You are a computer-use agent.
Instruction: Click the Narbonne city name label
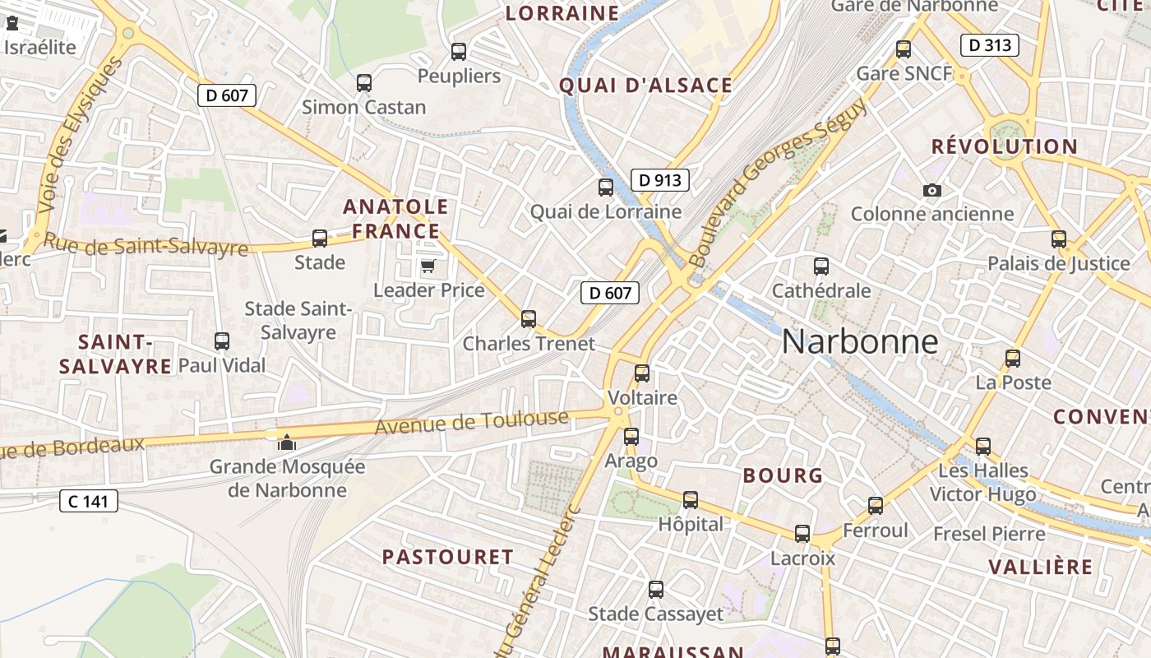click(859, 341)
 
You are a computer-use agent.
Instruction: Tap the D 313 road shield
click(990, 45)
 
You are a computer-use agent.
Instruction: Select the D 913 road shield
click(659, 180)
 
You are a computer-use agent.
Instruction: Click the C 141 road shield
click(89, 500)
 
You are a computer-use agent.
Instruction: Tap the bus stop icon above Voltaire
click(642, 373)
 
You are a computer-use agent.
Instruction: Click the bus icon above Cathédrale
click(820, 266)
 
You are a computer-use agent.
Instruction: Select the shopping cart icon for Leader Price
click(428, 266)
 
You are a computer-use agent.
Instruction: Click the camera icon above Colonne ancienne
click(931, 190)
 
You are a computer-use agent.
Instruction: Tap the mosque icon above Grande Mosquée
click(286, 443)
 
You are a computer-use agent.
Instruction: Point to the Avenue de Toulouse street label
click(472, 423)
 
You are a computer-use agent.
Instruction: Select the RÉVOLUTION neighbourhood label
click(1004, 147)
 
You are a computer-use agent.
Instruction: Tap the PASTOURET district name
click(448, 557)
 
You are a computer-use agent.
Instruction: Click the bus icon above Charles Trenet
click(529, 318)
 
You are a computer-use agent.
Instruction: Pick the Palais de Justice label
click(1058, 264)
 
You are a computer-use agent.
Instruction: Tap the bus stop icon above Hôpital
click(691, 499)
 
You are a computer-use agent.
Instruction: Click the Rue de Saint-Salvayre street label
click(145, 244)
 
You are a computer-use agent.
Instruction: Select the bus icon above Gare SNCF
click(904, 49)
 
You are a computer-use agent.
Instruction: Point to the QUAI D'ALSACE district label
click(645, 86)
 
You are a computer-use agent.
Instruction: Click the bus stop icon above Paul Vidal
click(221, 341)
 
